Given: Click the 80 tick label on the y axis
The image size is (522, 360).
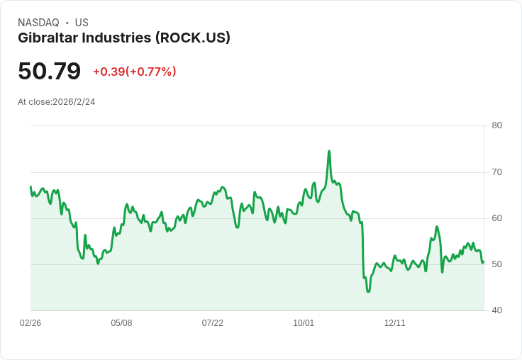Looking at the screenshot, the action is (x=496, y=125).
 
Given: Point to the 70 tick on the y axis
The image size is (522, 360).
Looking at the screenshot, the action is (x=496, y=172).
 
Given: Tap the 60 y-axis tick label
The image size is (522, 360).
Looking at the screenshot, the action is (x=496, y=218).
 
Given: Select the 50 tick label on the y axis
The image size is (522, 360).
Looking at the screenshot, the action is (x=496, y=264).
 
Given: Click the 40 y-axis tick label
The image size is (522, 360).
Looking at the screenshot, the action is (x=496, y=310).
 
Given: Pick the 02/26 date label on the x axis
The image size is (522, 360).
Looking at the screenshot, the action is (x=30, y=323).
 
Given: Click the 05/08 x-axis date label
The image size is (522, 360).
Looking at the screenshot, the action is (x=121, y=323).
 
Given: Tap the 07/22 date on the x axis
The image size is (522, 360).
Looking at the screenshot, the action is (x=212, y=323).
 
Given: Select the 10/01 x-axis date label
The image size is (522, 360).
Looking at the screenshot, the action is (x=304, y=323).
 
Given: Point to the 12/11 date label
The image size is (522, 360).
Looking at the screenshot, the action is (x=395, y=323).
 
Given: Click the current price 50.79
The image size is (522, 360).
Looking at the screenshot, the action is (x=49, y=71).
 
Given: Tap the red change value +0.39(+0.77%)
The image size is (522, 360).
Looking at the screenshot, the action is (x=135, y=72).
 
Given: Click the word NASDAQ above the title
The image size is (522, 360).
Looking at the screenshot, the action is (x=38, y=23).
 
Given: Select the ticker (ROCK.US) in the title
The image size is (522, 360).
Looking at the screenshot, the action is (x=193, y=38).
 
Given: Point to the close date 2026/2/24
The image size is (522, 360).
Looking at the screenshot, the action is (x=74, y=102).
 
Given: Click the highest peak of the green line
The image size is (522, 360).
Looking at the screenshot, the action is (x=329, y=151).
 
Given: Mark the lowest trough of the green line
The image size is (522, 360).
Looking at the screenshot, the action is (x=368, y=292).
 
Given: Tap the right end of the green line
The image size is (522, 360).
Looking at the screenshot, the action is (x=484, y=261).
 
